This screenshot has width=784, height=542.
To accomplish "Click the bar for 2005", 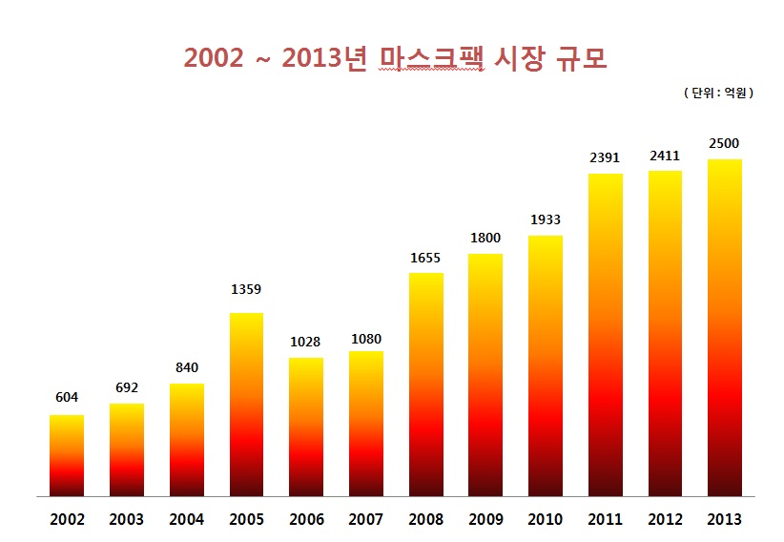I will pos(246,405).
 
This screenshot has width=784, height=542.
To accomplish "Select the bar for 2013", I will pos(724,328).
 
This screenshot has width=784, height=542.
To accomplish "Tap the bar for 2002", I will pos(67,456).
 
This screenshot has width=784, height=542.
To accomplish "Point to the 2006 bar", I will pos(306,427).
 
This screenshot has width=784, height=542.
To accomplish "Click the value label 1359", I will pos(246,289).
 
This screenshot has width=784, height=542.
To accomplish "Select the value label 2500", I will pos(724,143).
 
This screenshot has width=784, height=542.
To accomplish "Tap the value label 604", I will pos(67,397).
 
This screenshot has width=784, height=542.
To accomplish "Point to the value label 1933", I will pos(546,219).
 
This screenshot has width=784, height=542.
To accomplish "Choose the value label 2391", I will pos(605,157).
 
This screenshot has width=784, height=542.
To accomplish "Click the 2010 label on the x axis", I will pos(546,520).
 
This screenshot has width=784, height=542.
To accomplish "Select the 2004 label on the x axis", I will pos(187,520).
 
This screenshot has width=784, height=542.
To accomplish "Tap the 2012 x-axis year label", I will pos(665,520).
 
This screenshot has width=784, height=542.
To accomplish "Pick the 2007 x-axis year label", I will pos(366,520).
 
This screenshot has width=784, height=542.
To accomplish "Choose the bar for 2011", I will pos(605,335).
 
